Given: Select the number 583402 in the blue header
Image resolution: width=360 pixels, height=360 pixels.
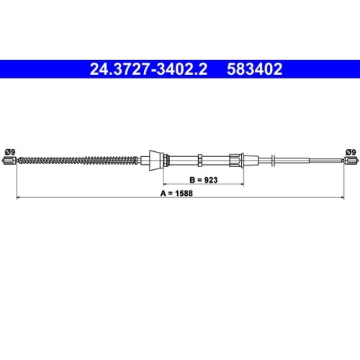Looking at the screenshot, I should (x=256, y=70).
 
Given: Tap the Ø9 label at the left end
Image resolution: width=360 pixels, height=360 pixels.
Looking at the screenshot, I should (x=9, y=151).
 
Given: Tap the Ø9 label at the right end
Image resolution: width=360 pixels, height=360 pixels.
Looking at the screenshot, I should (x=351, y=151).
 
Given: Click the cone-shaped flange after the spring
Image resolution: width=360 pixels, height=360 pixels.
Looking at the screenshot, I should (x=155, y=160).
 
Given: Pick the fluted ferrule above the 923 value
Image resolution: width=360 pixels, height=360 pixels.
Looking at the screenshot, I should (x=236, y=160).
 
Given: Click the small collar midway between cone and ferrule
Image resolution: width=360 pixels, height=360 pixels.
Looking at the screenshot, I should (x=198, y=160).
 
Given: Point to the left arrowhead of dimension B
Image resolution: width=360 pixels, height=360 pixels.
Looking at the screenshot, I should (x=165, y=184).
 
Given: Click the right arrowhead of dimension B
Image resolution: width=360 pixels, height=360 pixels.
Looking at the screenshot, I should (x=241, y=184).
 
